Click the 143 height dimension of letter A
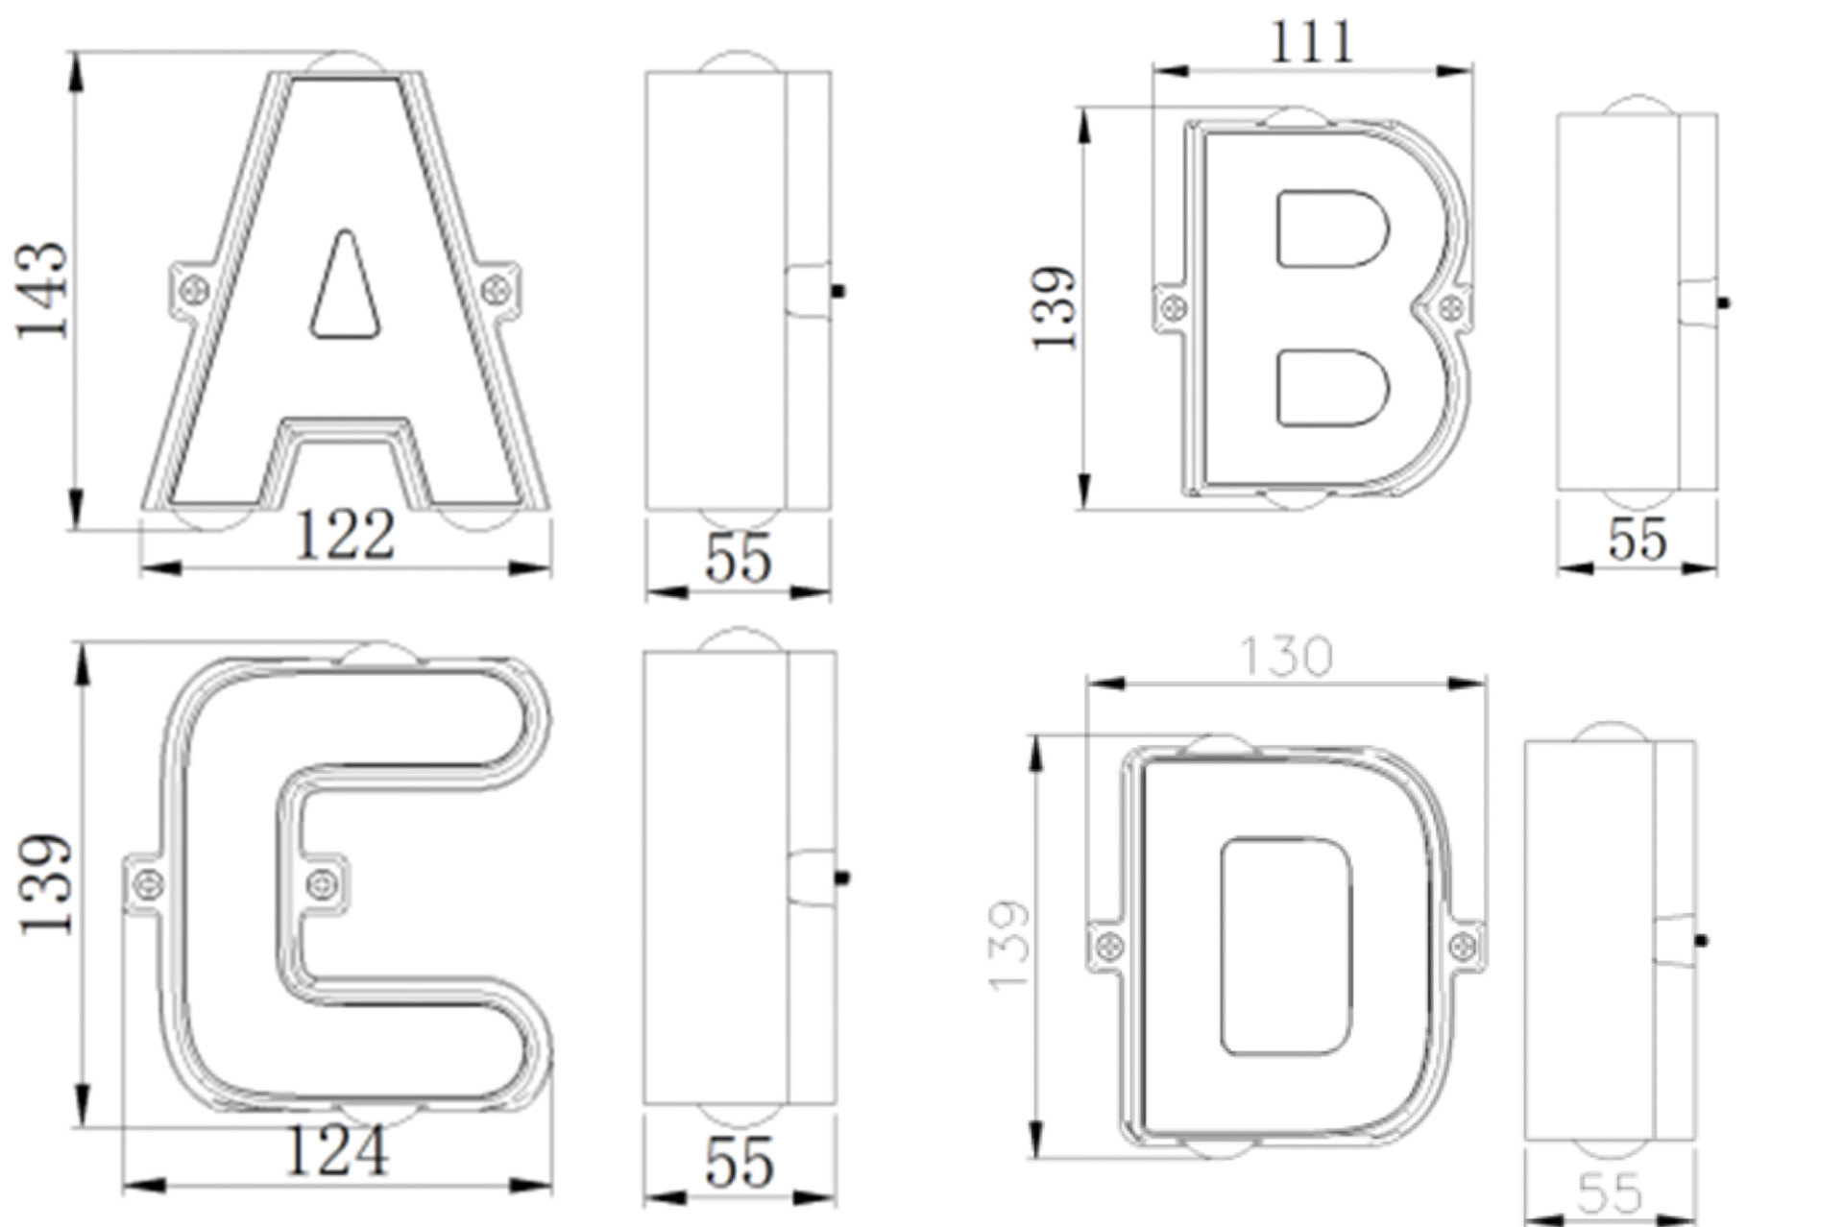click(42, 290)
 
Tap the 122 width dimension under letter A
click(345, 535)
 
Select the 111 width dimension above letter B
click(1312, 42)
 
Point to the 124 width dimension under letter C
click(337, 1151)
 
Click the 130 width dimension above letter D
click(1286, 657)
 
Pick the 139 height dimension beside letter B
click(1054, 308)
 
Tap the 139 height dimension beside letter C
click(45, 884)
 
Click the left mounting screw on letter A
click(195, 288)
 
